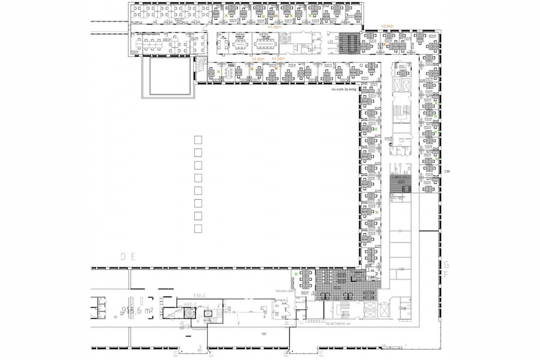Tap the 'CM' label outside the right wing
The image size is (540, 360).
[x=447, y=172]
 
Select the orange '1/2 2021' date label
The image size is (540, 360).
[x=387, y=26]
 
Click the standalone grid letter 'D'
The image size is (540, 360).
[x=124, y=257]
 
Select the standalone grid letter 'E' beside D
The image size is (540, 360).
[x=134, y=257]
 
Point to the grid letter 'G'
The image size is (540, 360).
[x=446, y=264]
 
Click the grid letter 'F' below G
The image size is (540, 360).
[x=446, y=274]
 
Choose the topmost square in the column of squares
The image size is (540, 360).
[x=198, y=140]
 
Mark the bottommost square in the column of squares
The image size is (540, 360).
[x=198, y=229]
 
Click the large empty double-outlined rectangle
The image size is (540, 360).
[x=169, y=76]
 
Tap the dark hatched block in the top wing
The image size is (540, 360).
[x=349, y=42]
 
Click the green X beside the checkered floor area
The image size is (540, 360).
[x=296, y=274]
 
